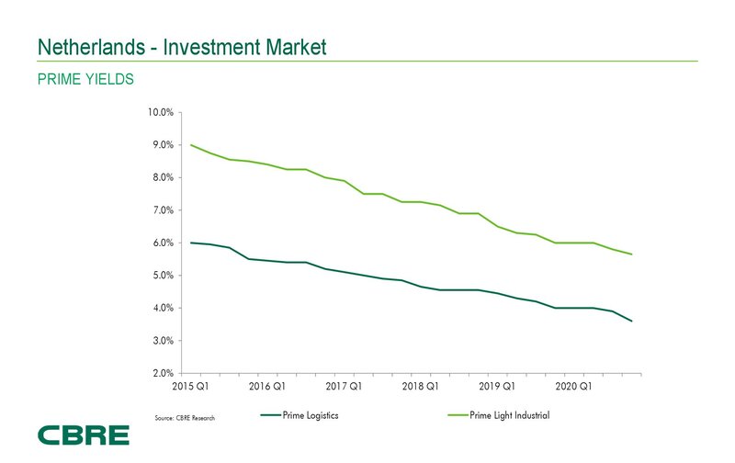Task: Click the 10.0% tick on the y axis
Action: [160, 113]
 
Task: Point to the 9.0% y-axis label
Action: [162, 145]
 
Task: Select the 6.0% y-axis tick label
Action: [162, 243]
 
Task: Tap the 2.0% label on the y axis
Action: [162, 374]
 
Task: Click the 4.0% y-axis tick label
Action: [162, 309]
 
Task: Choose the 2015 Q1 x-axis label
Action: [190, 388]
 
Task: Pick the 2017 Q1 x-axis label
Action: [344, 388]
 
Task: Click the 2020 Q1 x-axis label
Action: [573, 388]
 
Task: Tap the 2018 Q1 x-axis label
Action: [421, 388]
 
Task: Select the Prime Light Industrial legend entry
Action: [509, 415]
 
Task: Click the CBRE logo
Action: [83, 435]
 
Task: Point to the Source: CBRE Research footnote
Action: [185, 419]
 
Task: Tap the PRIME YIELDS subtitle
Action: [85, 80]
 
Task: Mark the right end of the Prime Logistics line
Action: [631, 321]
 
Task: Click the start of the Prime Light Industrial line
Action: [190, 145]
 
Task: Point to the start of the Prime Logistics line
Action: [190, 243]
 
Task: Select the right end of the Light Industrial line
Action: [631, 254]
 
